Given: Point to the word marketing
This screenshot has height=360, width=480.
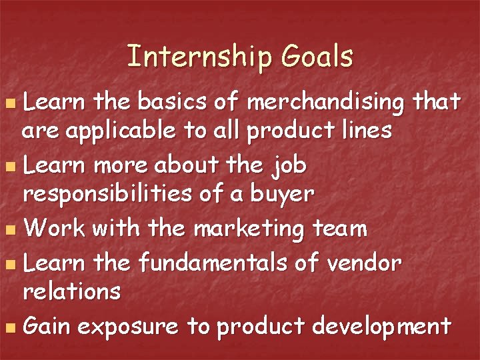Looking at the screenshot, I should click(x=249, y=229).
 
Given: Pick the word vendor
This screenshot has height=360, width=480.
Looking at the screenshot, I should click(x=365, y=263).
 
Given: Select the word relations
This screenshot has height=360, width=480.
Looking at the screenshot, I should click(x=71, y=291).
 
